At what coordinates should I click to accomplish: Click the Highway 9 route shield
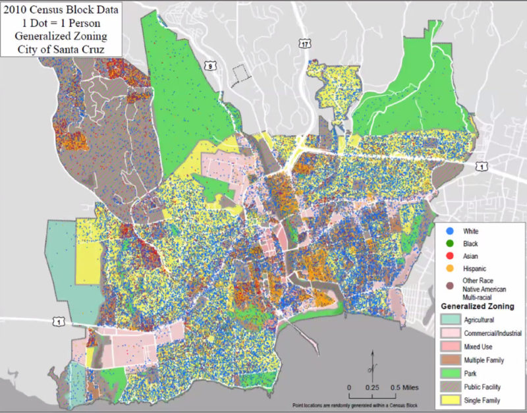pyautogui.click(x=210, y=65)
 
